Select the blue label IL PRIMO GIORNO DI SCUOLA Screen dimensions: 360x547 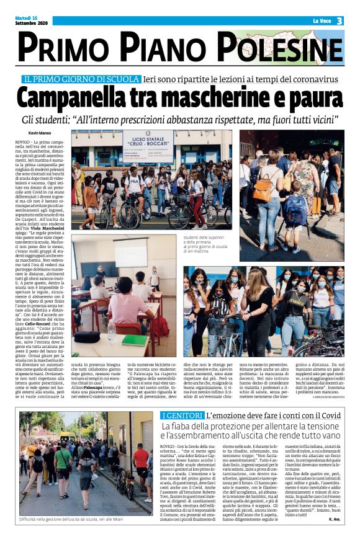pyautogui.click(x=81, y=80)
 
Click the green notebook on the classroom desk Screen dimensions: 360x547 pyautogui.click(x=133, y=340)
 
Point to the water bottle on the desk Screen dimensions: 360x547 pyautogui.click(x=112, y=334)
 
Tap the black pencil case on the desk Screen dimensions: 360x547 pyautogui.click(x=88, y=337)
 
